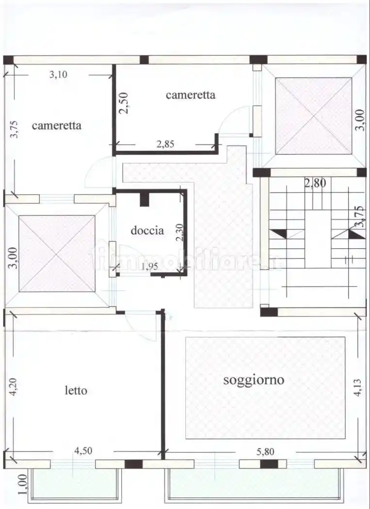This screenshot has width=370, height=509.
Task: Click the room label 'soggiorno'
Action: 254,380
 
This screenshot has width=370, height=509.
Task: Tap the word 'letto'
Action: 76,390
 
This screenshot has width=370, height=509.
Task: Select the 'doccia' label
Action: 147,230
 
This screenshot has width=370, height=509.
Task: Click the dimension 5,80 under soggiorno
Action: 265,451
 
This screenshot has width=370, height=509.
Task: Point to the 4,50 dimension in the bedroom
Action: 83,451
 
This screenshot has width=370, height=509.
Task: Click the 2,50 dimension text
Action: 124,103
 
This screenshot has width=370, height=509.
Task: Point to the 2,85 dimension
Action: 165,143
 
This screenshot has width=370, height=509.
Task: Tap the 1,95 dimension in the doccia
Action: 149,266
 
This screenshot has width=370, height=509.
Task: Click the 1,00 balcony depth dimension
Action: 21,484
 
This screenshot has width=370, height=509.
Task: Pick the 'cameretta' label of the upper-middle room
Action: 190,95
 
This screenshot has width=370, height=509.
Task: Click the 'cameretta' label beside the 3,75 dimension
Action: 56,126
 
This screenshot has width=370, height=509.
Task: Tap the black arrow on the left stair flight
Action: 280,233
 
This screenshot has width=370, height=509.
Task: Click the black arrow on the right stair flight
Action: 356,235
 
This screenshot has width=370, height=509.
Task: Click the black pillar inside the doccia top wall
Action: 144,199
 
